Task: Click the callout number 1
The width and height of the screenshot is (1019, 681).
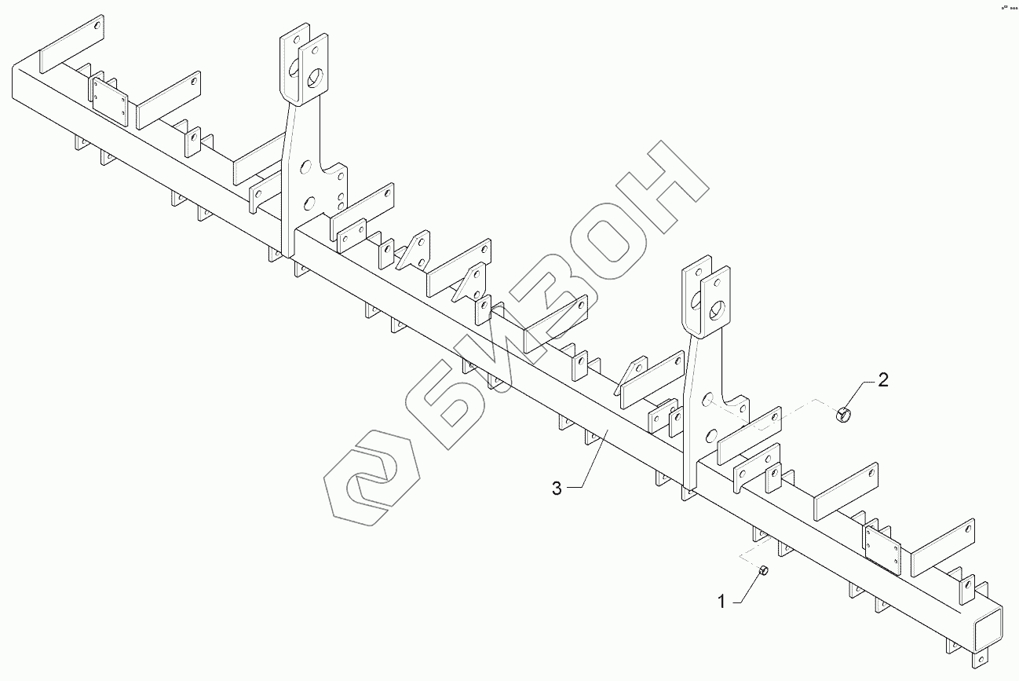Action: (x=721, y=602)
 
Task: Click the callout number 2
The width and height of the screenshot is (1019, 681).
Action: (x=882, y=381)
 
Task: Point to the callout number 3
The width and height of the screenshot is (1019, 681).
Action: (x=557, y=489)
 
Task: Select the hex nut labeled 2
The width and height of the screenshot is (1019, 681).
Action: (x=843, y=414)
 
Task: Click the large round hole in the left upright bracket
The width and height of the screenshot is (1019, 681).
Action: (x=316, y=79)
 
